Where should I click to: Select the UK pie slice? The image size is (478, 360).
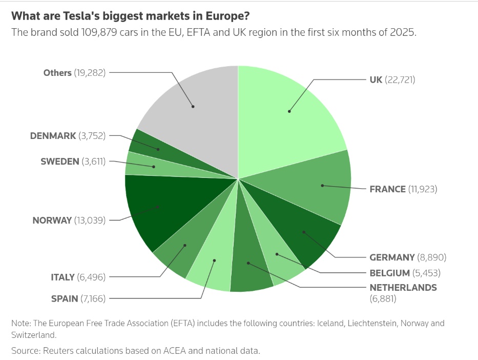[289, 110]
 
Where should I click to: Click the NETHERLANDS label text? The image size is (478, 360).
[403, 287]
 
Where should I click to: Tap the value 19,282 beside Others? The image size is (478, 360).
[90, 73]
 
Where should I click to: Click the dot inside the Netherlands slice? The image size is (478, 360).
[248, 263]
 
